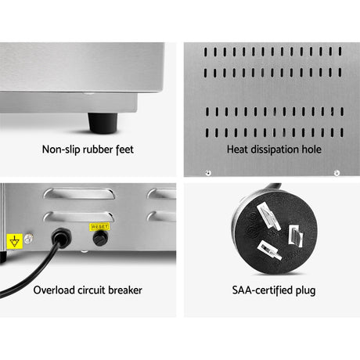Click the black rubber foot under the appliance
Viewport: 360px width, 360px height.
103,123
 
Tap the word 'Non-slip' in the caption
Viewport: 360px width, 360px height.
61,149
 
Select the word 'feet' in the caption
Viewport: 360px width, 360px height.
124,149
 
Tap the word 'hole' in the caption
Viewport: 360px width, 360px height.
311,149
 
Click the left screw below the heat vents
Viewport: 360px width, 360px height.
208,173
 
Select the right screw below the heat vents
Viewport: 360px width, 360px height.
337,173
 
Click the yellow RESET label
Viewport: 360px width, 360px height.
99,227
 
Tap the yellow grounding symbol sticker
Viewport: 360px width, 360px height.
15,241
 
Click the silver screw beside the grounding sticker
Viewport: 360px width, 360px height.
28,239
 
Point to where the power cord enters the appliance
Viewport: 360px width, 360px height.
61,237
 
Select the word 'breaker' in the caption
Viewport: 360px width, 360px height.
125,290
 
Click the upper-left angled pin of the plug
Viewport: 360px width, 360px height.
268,216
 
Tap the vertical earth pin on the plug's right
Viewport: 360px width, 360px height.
296,236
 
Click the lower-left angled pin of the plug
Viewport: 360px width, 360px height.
270,250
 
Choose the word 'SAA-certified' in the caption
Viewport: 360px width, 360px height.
262,290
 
